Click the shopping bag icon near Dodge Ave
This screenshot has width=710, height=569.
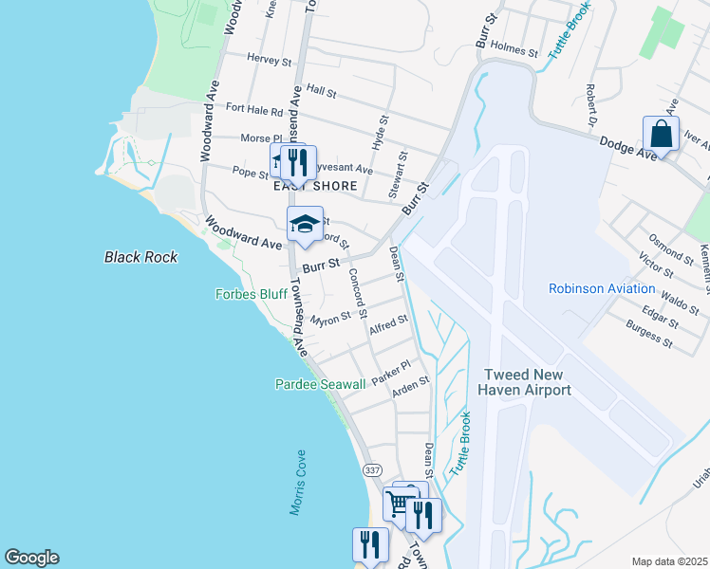point(661,134)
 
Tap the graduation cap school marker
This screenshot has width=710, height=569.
point(305,225)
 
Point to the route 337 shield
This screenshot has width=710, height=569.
point(371,469)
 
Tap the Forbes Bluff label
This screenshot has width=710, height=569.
point(252,295)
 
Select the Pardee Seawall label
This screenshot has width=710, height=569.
point(320,384)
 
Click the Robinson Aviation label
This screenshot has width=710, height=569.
point(602,288)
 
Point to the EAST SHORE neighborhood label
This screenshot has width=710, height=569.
point(315,186)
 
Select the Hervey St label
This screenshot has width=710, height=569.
point(269,61)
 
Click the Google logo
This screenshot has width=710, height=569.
point(31,558)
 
